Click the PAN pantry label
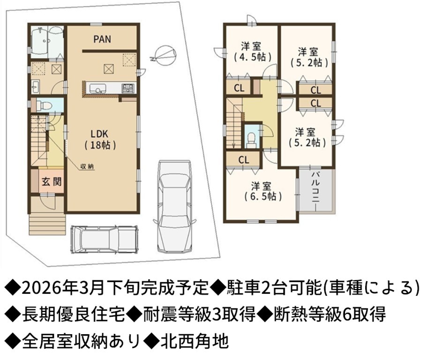point(102,39)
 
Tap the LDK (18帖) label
point(100,139)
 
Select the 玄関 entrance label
point(52,182)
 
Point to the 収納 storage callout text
point(87,167)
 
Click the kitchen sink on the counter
point(97,89)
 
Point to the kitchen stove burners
point(128,88)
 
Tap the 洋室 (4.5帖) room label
point(252,51)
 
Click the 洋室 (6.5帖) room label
point(263,190)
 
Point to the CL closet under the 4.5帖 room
point(239,88)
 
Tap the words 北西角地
point(195,341)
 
